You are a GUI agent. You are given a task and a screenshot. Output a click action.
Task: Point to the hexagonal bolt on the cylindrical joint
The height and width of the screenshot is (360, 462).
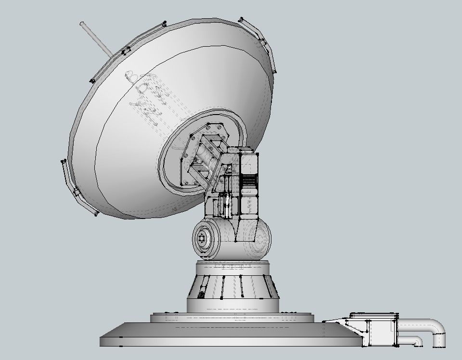(203, 238)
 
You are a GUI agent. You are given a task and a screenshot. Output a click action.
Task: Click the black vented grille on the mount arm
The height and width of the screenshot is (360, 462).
(249, 182)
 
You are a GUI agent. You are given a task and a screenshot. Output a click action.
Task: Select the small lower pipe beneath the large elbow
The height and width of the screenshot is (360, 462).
(412, 341)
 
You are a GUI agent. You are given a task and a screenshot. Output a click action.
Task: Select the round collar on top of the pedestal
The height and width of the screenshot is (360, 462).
(233, 266)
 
